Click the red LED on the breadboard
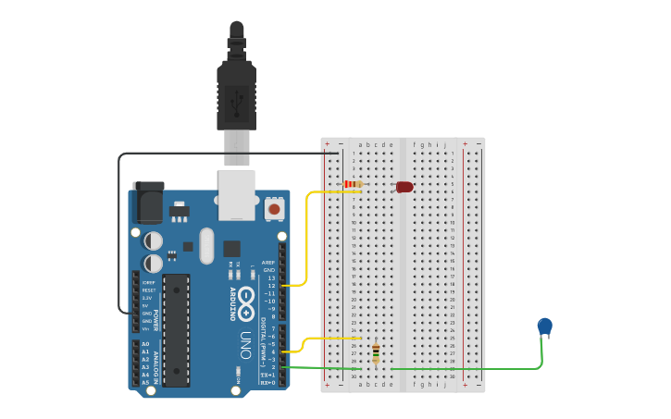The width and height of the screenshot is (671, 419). pos(404,187)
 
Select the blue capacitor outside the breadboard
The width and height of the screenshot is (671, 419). pos(545,326)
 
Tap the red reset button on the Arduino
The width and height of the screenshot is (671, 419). pos(273,210)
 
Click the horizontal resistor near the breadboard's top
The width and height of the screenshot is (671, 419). pos(354,184)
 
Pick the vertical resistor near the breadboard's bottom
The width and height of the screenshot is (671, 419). pos(375,352)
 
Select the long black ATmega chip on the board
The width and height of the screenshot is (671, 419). pos(176,329)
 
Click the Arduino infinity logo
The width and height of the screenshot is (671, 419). pos(246,298)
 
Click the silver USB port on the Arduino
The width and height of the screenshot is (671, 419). pos(236,194)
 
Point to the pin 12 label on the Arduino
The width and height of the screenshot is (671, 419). pos(270,286)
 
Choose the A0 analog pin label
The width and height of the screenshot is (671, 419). pos(144,344)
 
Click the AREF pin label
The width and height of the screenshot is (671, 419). pos(268,263)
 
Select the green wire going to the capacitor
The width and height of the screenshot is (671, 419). pos(463,368)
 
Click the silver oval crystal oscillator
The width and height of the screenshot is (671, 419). pos(205,245)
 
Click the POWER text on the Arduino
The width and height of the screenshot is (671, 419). pos(155,318)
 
